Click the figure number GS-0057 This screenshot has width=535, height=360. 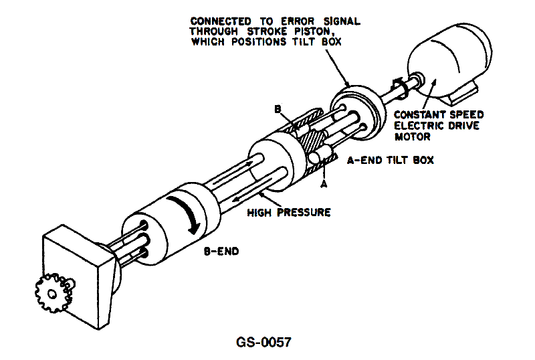(x=263, y=342)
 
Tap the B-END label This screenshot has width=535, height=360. (x=221, y=252)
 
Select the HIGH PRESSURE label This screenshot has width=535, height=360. (x=289, y=212)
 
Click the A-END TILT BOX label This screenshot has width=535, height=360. (x=391, y=160)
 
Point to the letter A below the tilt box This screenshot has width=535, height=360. (x=324, y=184)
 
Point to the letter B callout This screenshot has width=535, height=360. (x=278, y=109)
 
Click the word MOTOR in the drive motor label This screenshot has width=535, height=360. (x=413, y=137)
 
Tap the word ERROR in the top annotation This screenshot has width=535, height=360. (x=297, y=21)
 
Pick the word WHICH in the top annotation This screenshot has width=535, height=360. (x=208, y=41)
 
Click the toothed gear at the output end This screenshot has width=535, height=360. (x=53, y=293)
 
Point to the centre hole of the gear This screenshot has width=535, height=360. (x=52, y=293)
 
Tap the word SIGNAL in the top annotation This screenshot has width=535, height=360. (x=342, y=21)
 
